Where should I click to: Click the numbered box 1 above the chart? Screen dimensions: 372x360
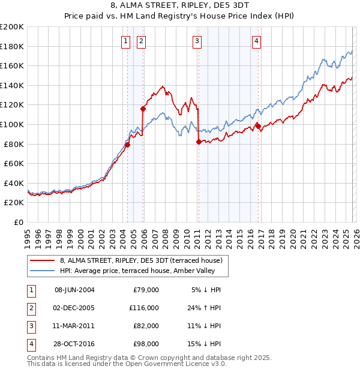125,41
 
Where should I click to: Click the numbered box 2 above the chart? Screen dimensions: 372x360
141,41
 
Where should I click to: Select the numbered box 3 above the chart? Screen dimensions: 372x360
197,41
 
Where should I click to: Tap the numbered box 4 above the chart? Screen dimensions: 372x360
256,41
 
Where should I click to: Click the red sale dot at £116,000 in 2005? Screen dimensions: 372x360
143,109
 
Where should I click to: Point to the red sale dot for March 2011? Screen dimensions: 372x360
199,142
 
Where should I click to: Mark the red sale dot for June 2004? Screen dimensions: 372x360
127,145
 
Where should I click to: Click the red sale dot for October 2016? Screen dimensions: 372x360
258,126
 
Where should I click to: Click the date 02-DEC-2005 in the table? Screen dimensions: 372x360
74,307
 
